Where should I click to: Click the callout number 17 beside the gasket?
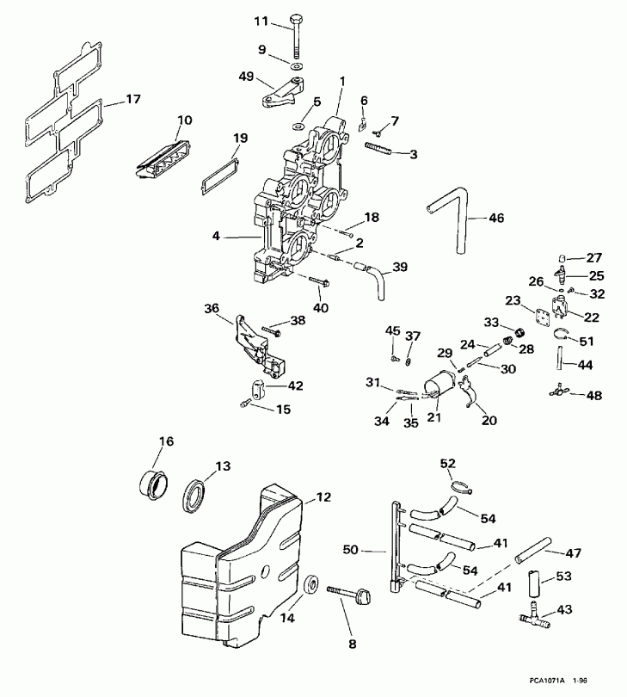coord(132,99)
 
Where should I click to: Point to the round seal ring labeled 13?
coord(196,496)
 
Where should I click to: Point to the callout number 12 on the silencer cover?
coord(323,497)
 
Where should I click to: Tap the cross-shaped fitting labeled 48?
coord(559,394)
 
